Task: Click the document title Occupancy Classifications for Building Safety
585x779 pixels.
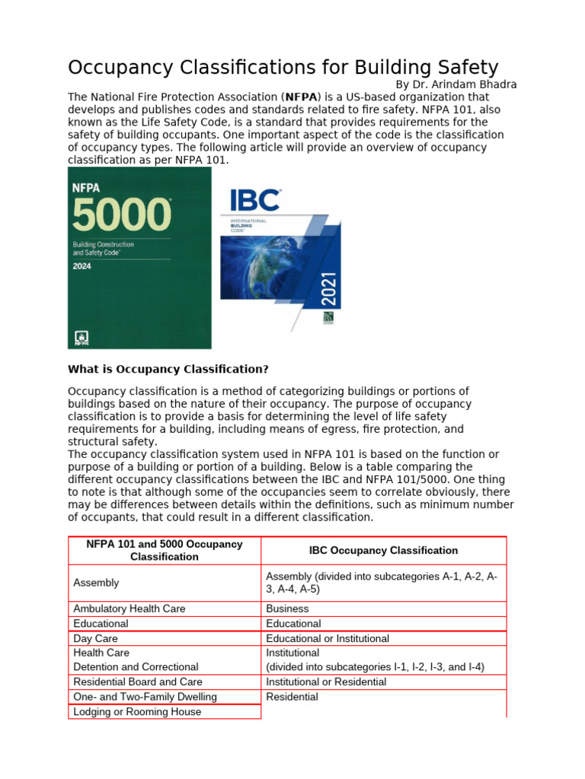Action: (x=283, y=68)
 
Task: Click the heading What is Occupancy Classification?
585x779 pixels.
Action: (x=168, y=369)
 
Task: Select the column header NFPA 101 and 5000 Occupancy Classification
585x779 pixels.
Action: (x=165, y=550)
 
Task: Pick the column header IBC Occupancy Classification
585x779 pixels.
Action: (x=383, y=550)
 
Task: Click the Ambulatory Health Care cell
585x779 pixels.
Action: (x=129, y=609)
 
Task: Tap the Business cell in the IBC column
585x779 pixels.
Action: (x=287, y=609)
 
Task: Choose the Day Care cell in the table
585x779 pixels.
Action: (x=95, y=638)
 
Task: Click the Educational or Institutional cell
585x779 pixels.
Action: (x=328, y=638)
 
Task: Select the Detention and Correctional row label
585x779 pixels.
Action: (x=136, y=666)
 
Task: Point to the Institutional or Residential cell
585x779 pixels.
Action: (x=326, y=682)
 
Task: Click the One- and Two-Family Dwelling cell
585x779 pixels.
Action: (x=145, y=697)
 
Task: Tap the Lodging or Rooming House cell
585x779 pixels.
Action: (x=137, y=711)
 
